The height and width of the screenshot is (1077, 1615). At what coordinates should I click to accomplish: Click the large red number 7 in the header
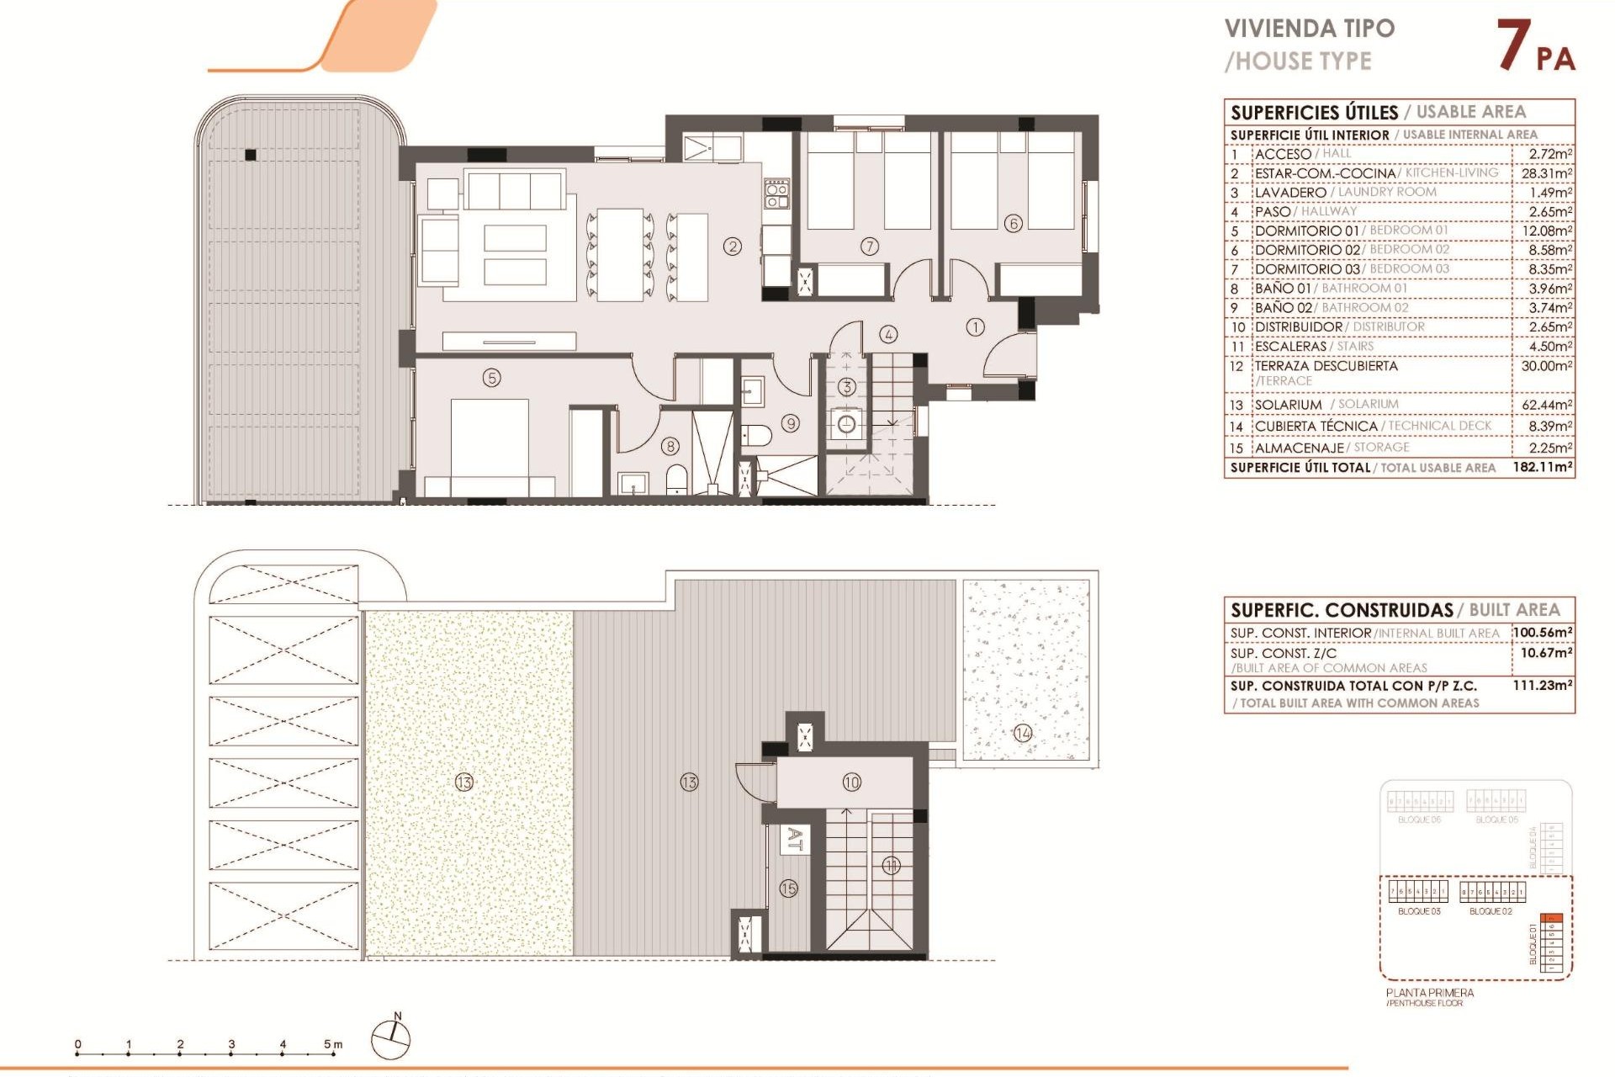pos(1513,45)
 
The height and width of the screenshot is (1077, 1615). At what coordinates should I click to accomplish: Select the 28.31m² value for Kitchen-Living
pos(1546,173)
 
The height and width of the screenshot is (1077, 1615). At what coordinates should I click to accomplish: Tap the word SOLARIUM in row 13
pos(1288,405)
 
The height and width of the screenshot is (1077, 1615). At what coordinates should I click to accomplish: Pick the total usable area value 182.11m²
pos(1543,467)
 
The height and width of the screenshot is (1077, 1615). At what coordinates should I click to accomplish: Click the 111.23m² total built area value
pos(1543,686)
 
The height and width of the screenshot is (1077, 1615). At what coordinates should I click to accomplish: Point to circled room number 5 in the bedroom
pos(492,378)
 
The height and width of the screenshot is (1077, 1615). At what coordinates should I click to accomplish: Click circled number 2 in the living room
pos(733,247)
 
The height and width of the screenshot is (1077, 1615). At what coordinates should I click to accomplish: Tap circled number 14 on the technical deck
pos(1023,733)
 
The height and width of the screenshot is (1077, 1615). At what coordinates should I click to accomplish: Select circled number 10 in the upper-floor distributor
pos(851,783)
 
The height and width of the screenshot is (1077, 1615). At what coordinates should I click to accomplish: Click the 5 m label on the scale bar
pos(333,1044)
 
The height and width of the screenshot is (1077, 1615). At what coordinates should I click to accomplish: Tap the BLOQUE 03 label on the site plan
pos(1419,911)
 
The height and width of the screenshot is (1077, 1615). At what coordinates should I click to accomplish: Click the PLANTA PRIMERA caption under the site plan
pos(1430,993)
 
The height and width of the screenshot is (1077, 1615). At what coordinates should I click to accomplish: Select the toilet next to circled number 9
pos(757,435)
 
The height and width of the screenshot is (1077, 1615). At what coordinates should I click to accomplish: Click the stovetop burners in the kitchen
pos(776,194)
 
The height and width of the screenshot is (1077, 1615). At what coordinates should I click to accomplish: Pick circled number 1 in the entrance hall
pos(975,327)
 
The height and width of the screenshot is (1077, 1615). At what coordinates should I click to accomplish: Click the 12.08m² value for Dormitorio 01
pos(1546,231)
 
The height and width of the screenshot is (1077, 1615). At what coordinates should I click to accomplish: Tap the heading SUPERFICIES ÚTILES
pos(1314,113)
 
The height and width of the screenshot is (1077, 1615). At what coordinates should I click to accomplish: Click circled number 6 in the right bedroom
pos(1014,224)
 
